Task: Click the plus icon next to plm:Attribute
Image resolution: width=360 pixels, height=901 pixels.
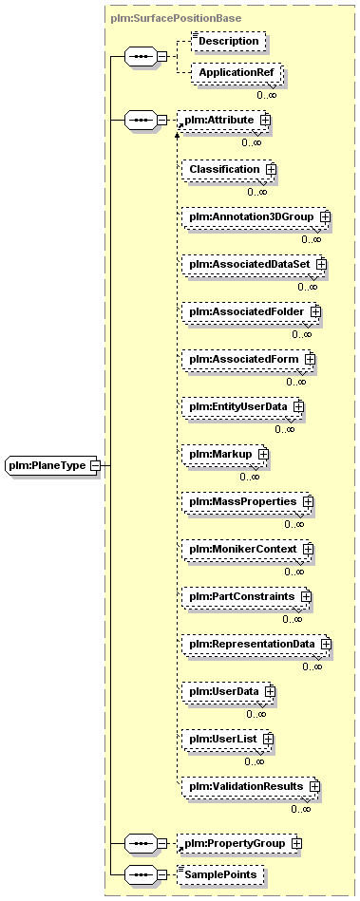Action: (265, 120)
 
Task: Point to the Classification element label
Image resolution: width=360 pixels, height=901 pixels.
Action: (225, 170)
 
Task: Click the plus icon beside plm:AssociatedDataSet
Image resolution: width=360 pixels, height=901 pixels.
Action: (321, 264)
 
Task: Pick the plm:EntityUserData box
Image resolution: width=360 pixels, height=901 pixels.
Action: (242, 406)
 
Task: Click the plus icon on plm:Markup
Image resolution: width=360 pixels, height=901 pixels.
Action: (263, 454)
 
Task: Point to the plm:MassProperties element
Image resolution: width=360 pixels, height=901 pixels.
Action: (247, 501)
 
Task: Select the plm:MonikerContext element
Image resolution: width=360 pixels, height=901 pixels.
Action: (247, 550)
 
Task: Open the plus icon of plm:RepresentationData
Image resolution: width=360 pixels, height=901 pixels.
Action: (326, 644)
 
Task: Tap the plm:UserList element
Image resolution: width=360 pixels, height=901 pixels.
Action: (228, 739)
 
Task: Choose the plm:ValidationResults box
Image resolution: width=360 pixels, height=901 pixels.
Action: (251, 785)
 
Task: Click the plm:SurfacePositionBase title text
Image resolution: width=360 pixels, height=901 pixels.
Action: (176, 18)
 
